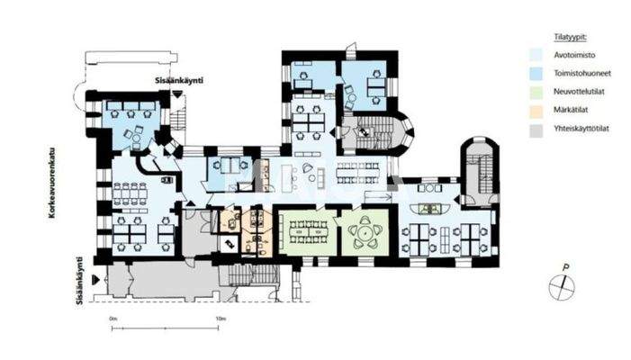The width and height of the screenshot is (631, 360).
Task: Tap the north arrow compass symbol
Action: coord(561,285)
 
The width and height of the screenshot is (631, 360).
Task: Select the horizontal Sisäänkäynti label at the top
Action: coord(177,80)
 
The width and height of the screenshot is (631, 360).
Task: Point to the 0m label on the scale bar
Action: coord(113,319)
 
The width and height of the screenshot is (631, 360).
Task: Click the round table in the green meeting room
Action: coord(364,231)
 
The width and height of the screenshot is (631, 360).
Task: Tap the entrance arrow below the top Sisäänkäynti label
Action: coord(178,92)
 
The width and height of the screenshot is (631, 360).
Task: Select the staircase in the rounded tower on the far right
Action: coord(477,170)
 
